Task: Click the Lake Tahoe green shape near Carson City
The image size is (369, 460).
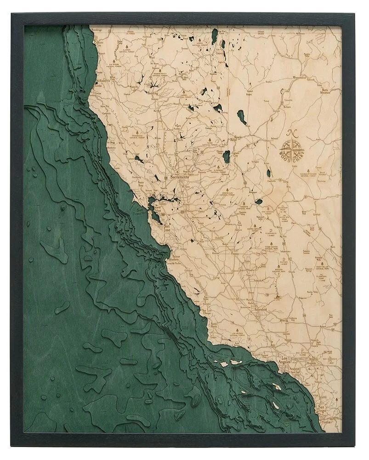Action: coord(226,157)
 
